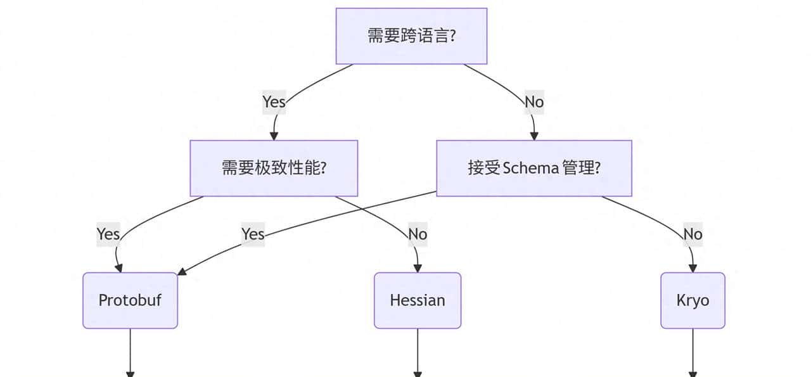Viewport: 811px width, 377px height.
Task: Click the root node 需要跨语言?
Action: click(411, 36)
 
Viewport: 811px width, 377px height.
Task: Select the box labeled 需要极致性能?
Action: click(274, 169)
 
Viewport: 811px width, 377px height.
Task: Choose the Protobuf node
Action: click(130, 300)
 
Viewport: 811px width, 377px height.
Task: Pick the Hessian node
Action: click(418, 300)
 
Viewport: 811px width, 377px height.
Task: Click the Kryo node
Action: click(693, 300)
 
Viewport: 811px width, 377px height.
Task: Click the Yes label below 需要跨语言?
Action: click(274, 101)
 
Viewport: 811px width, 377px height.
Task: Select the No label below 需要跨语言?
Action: click(534, 101)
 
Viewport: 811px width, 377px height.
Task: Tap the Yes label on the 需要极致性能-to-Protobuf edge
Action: click(108, 234)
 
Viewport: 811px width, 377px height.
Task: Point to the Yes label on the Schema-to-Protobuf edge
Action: click(253, 234)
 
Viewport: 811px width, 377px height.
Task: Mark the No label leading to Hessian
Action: click(418, 234)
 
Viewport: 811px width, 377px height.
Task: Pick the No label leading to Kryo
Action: click(693, 234)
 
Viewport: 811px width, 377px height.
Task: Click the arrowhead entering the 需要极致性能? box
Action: click(274, 136)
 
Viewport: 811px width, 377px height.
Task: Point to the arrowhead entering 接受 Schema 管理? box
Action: click(534, 136)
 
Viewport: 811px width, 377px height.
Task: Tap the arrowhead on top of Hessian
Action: click(418, 268)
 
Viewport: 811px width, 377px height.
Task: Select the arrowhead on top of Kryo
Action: click(693, 268)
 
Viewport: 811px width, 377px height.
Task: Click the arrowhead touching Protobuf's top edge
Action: click(118, 268)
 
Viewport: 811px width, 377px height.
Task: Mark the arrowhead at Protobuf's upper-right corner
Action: click(181, 272)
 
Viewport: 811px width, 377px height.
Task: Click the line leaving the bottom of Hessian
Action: click(418, 352)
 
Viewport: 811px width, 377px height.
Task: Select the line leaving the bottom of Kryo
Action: click(693, 352)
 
